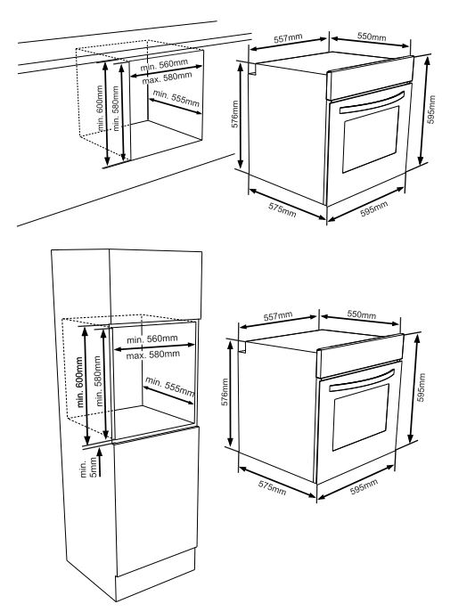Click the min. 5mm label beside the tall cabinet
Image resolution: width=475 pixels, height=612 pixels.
click(x=88, y=469)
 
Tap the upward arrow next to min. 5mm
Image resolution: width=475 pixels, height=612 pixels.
click(x=100, y=462)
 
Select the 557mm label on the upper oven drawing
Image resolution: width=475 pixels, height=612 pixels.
click(x=288, y=38)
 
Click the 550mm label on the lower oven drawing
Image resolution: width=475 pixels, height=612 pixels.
click(x=362, y=314)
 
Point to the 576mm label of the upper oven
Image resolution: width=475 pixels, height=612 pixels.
click(x=235, y=114)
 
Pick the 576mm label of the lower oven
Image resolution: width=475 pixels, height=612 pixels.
click(x=225, y=392)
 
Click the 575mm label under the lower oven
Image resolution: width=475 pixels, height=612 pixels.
click(x=272, y=487)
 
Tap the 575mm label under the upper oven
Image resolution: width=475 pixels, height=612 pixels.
click(x=283, y=209)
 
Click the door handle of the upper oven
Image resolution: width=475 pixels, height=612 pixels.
click(x=372, y=102)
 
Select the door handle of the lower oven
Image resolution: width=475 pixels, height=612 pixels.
click(x=362, y=380)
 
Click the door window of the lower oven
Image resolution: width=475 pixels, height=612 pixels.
click(x=361, y=417)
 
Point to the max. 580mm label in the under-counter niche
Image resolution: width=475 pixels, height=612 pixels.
click(x=167, y=78)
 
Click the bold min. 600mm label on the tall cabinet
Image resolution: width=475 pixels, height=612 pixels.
click(x=79, y=382)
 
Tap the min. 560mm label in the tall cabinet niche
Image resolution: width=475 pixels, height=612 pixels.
click(x=152, y=339)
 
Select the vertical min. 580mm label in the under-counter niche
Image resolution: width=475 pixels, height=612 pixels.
click(x=116, y=109)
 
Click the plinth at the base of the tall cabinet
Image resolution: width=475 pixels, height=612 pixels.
click(x=155, y=575)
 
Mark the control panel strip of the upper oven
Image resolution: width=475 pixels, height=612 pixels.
click(x=371, y=78)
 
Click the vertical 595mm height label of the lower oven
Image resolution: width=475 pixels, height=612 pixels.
click(x=421, y=388)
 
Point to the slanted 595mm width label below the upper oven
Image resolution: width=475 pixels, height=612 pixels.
click(x=374, y=208)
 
